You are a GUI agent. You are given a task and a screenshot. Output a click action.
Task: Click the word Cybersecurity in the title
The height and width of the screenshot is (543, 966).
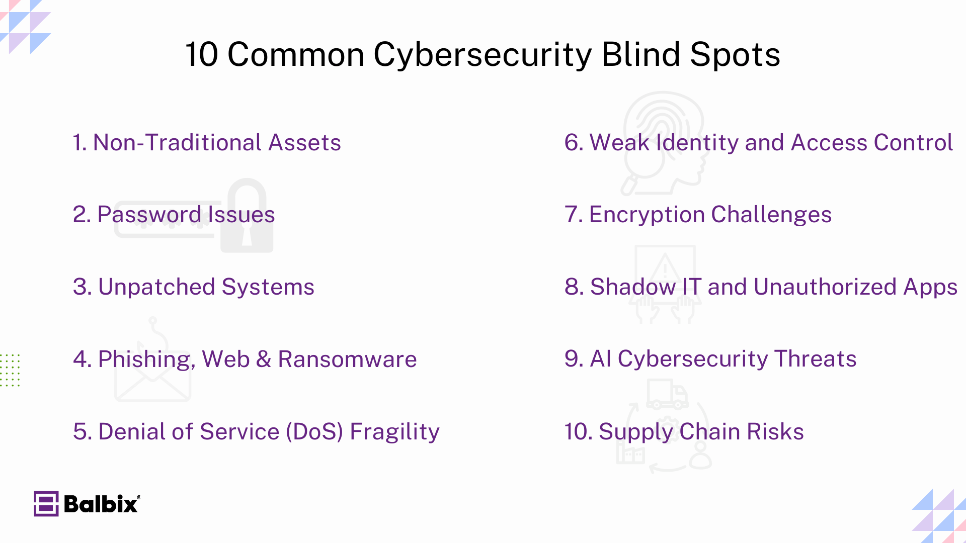click(x=482, y=54)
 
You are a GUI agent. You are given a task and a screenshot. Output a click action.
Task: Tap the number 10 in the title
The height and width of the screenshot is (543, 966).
click(x=202, y=54)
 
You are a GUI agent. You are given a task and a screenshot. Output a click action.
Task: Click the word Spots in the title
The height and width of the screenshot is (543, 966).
click(x=735, y=54)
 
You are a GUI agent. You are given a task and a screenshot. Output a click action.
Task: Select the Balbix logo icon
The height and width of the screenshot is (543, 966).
click(x=46, y=504)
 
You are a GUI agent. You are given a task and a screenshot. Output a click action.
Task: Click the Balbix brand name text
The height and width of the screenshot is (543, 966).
click(x=101, y=504)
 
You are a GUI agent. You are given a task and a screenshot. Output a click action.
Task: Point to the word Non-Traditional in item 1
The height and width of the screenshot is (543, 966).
click(x=177, y=143)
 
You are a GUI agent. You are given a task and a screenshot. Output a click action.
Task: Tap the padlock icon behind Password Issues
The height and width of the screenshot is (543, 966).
click(x=247, y=216)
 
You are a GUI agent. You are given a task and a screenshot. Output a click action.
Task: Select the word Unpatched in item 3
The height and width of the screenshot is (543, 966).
click(x=156, y=287)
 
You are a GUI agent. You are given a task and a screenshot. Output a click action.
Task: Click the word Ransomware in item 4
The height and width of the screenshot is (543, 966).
click(x=347, y=359)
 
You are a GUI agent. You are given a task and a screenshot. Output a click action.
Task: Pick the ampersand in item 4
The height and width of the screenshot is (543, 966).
click(x=264, y=359)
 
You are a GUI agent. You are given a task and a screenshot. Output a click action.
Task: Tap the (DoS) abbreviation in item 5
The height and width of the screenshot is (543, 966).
click(x=314, y=432)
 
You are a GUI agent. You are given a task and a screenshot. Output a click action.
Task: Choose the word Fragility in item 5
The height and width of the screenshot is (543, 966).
click(x=394, y=432)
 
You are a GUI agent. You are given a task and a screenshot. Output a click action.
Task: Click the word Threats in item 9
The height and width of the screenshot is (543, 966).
click(x=815, y=359)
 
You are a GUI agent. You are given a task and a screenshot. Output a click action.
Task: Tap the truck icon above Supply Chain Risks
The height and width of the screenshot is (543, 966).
click(x=667, y=395)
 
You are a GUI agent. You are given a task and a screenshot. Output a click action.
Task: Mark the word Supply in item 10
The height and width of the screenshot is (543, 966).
click(x=635, y=432)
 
